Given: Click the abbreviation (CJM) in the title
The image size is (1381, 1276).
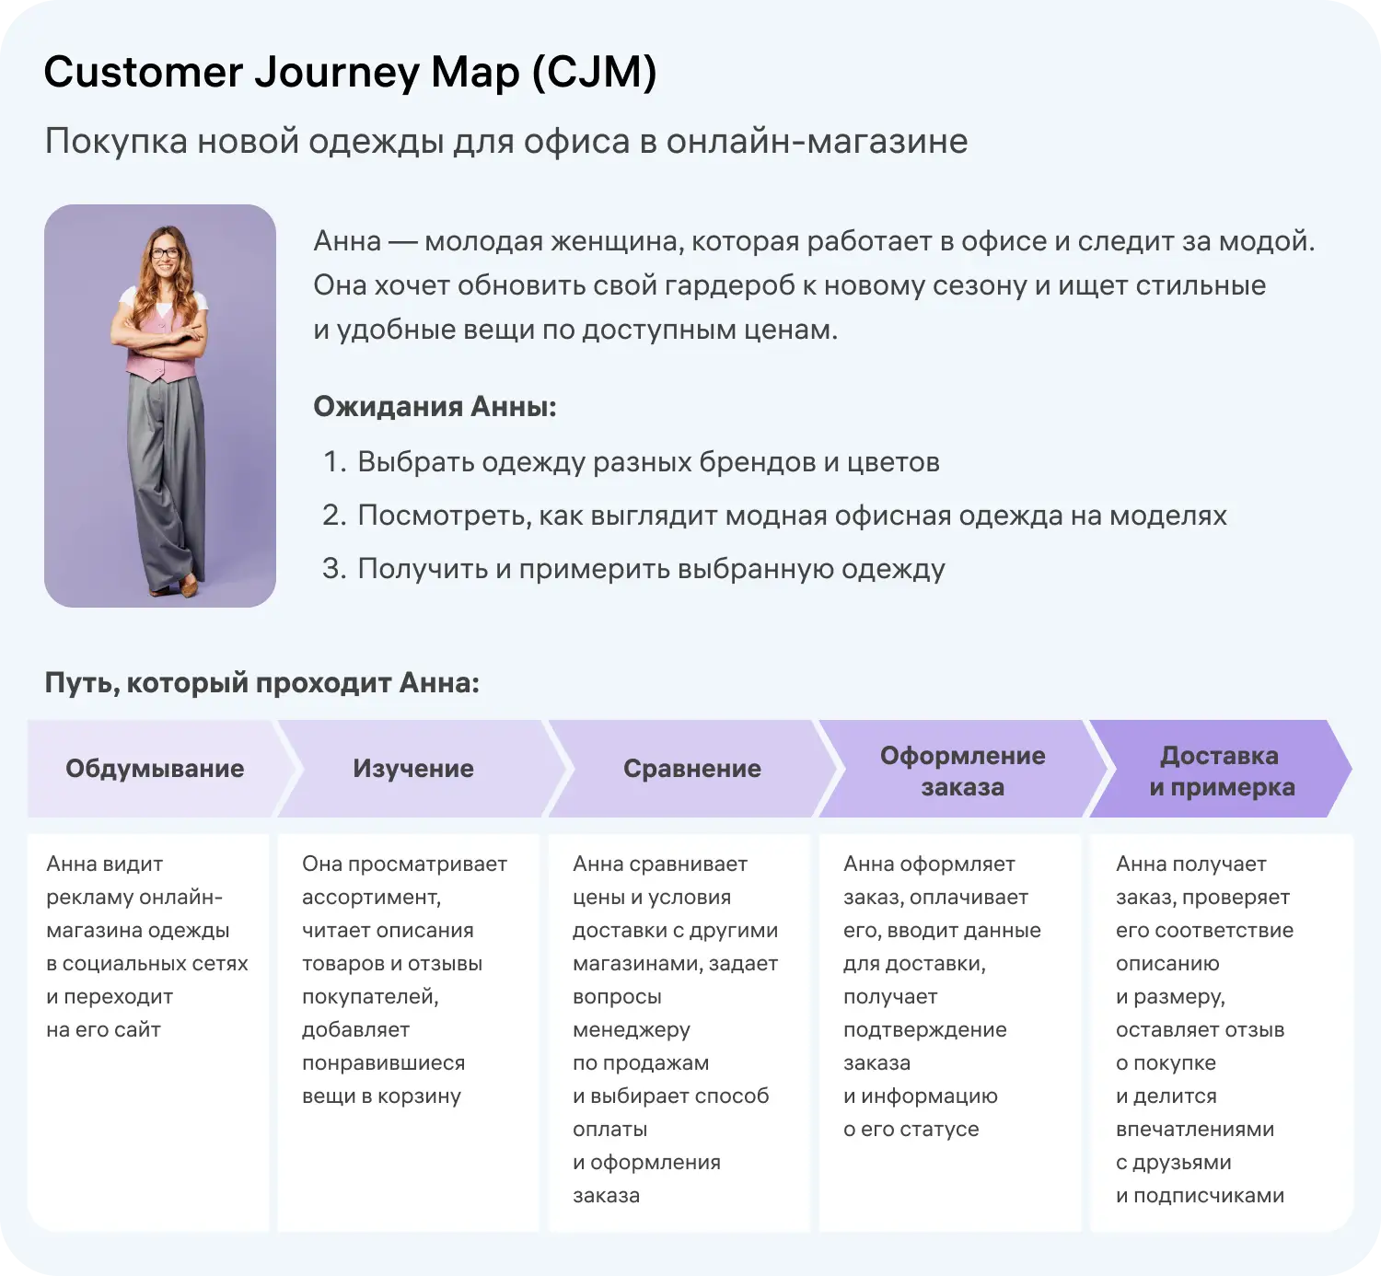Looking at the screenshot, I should point(594,72).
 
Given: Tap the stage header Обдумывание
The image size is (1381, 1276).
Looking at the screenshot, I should point(155,769).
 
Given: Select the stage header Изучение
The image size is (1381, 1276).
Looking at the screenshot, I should point(413,769).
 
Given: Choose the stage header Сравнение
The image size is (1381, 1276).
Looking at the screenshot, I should point(692,769).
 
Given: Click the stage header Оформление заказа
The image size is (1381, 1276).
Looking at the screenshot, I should point(962,771).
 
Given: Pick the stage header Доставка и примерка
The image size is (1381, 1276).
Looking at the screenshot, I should point(1221,771).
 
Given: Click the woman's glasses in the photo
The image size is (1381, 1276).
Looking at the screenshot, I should point(165,252).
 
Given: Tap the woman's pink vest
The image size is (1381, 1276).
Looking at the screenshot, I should point(162,344).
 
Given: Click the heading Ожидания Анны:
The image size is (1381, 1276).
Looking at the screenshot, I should point(435,406).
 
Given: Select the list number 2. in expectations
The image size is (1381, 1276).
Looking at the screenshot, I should point(333,516).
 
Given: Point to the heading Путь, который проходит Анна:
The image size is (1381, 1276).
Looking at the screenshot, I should point(262,683).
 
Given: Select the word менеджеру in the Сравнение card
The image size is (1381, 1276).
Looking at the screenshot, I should point(632,1030).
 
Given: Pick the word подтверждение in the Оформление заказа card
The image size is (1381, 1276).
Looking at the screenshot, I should point(925,1030).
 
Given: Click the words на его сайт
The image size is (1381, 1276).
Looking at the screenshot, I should point(103,1030).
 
